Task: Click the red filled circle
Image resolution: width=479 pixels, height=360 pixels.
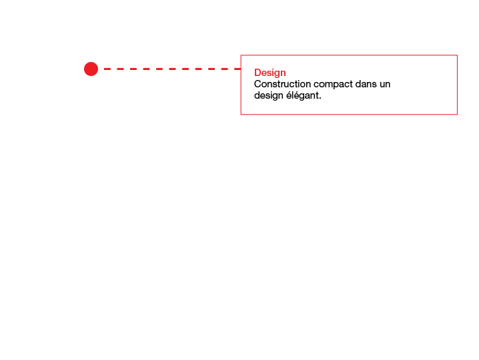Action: pos(91,69)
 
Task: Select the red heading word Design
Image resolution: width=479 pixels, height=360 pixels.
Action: pos(270,73)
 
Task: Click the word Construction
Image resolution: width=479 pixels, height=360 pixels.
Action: pos(282,84)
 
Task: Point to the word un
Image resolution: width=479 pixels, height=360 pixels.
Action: pos(385,85)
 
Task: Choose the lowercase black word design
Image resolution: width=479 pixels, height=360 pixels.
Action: pos(269,95)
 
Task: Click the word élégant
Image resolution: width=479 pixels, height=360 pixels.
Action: pos(302,95)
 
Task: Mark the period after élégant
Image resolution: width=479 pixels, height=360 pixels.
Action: pos(320,99)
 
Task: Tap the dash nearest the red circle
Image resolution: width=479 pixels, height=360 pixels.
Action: pos(107,69)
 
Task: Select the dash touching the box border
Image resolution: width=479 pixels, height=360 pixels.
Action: pos(237,69)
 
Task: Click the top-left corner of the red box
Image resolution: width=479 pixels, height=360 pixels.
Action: pos(241,55)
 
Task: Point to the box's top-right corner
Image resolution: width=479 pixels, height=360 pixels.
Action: pos(457,55)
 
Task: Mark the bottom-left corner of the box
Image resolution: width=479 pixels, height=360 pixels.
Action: pos(241,114)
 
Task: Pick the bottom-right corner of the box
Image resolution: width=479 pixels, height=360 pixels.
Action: pos(457,114)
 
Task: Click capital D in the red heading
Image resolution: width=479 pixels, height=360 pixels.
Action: pos(258,73)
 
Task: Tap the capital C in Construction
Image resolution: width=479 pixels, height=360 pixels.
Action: pos(258,84)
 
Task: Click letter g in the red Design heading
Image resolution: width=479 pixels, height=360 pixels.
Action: pos(276,74)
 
